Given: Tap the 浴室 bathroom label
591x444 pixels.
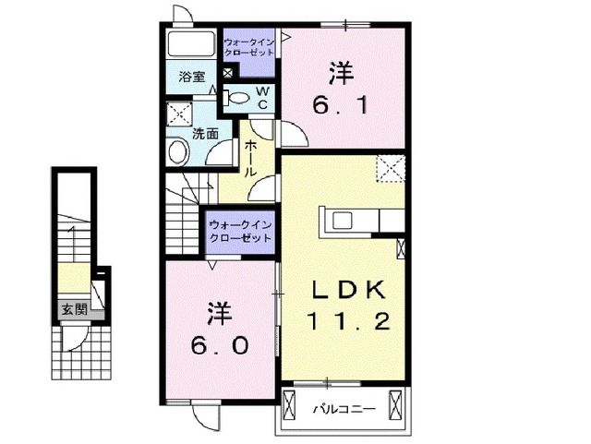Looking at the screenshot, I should coord(193,78).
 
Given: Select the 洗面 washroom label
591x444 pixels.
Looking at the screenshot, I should coord(205,133).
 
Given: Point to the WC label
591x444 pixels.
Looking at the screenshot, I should coord(261,99).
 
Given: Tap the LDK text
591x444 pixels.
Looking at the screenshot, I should coord(347,290).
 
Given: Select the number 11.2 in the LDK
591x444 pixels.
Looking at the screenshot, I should coord(347,322).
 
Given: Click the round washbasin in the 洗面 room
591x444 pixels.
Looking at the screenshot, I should coord(177,150).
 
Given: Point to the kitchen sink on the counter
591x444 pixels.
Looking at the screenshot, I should coord(341,220).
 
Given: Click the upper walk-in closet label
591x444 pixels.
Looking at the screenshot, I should coord(250,47).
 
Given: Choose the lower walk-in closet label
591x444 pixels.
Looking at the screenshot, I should coord(239,231).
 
